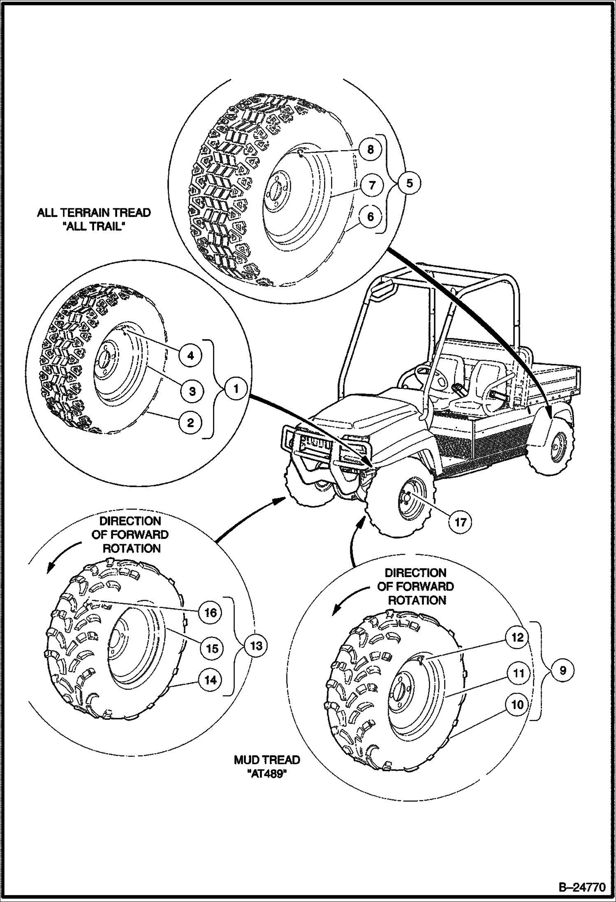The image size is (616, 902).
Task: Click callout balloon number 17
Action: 460,522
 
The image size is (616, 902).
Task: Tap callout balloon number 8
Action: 371,149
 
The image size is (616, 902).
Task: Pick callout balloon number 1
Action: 235,388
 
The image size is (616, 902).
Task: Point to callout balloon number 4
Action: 190,355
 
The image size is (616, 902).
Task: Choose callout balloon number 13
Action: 256,645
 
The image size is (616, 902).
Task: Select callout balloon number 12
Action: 518,637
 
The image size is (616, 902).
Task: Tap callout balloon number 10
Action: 518,705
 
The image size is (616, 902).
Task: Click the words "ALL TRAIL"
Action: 94,227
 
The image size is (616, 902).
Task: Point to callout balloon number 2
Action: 190,422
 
